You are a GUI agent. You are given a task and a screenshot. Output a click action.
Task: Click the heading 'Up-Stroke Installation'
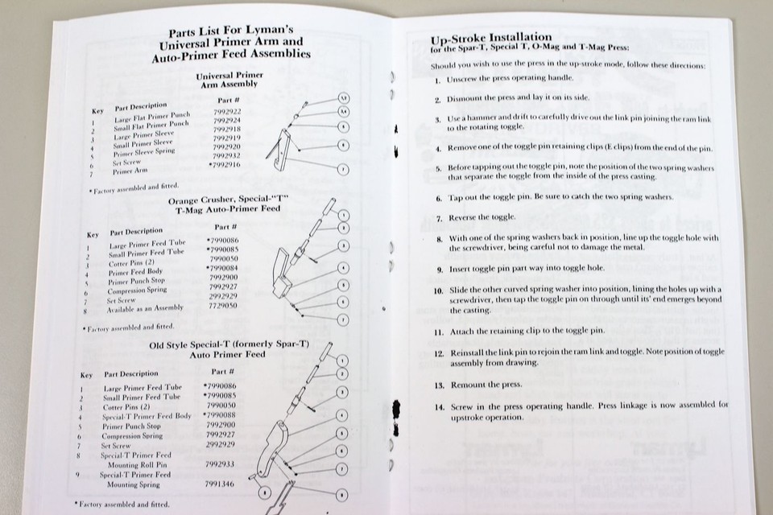491,38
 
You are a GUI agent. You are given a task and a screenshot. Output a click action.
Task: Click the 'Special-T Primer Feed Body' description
147,416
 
